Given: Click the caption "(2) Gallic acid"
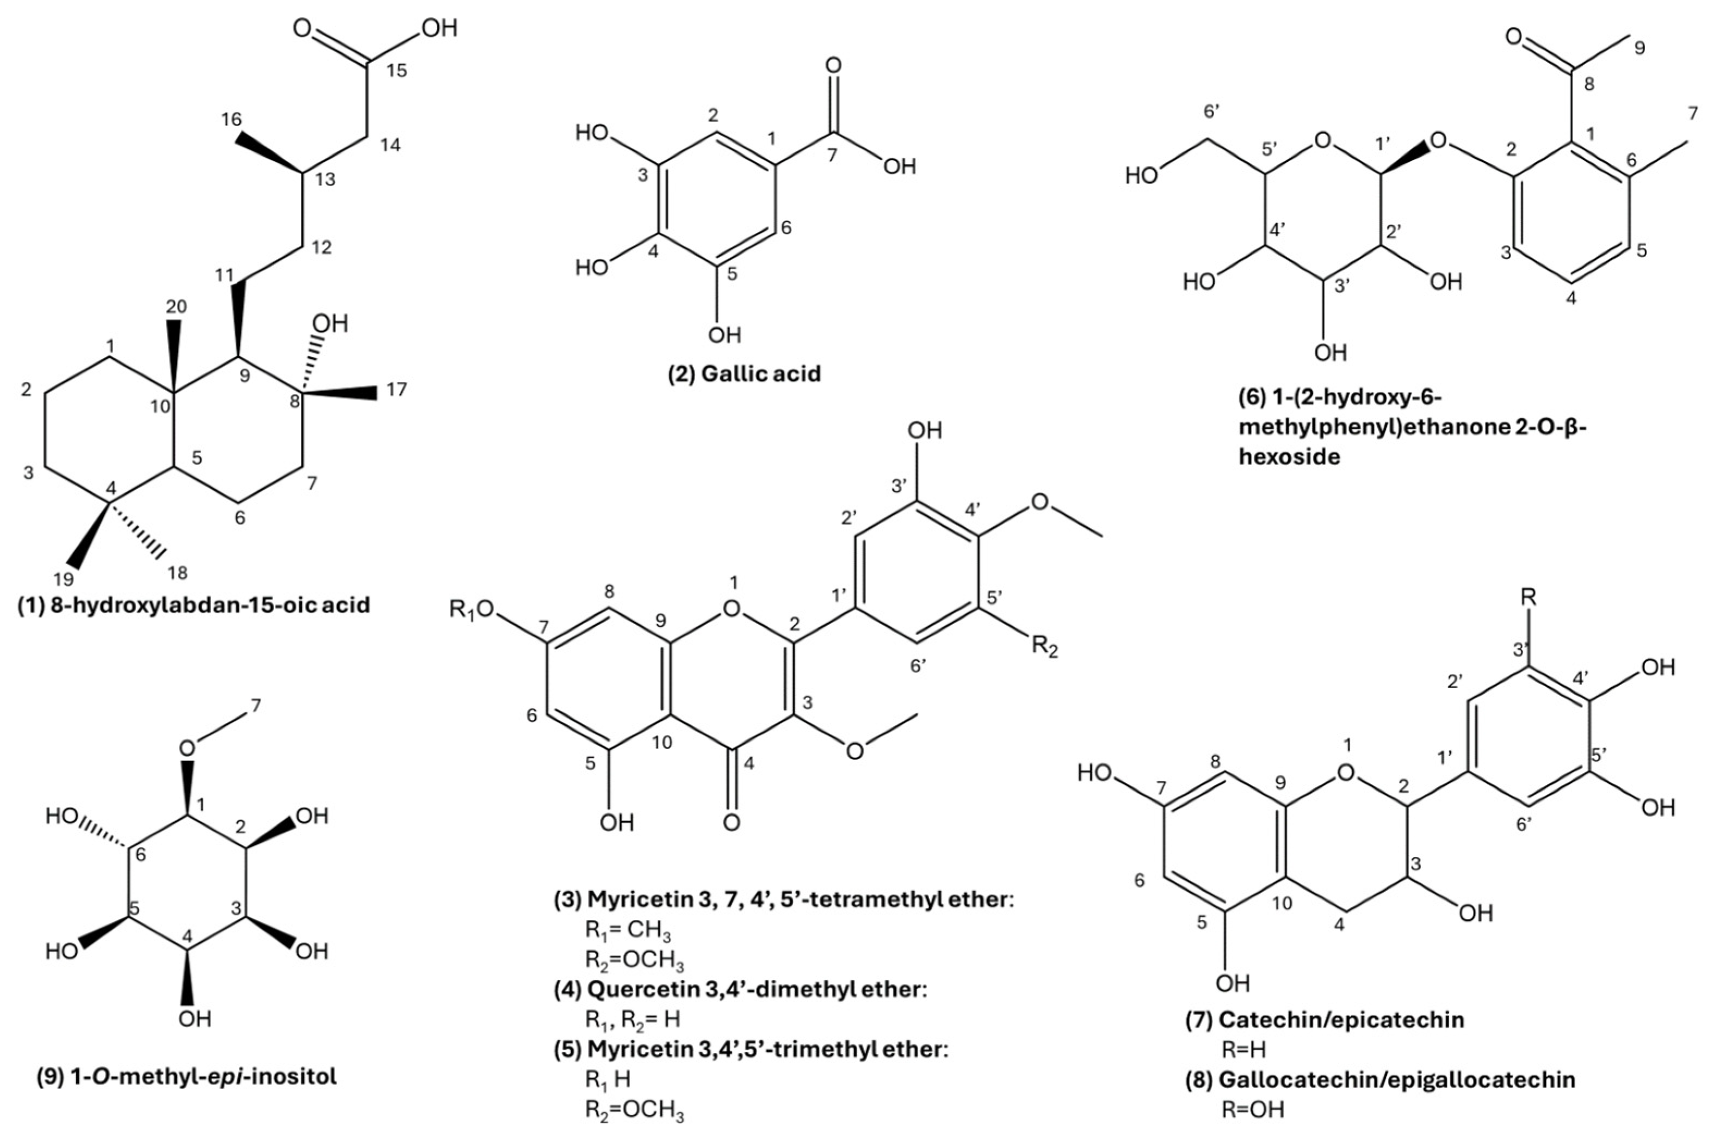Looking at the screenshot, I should click(x=744, y=374).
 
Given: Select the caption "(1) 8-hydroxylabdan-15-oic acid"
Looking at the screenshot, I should click(x=194, y=604).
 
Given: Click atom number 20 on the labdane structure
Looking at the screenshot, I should click(x=176, y=307).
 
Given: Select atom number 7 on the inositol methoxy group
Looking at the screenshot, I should click(x=256, y=705).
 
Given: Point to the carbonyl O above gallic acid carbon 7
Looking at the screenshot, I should click(x=833, y=65).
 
